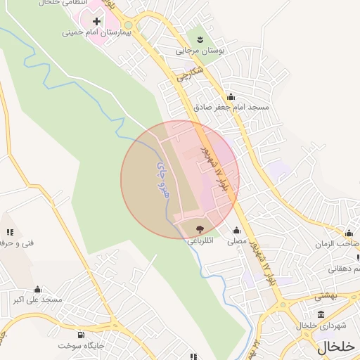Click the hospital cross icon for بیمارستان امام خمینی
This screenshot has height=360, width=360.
coord(97,22)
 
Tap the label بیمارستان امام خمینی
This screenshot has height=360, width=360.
coord(88,32)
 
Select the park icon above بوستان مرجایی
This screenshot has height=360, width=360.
coord(200,39)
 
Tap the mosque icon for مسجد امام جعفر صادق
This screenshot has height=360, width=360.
coord(231,97)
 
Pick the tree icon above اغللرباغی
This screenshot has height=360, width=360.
coord(199,229)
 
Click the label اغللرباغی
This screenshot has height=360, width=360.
coord(198,240)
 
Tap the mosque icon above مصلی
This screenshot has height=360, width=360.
coord(236,230)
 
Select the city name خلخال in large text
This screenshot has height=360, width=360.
coord(336,346)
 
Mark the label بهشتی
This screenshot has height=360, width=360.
coord(326,296)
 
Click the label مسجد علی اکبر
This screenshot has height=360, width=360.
coord(37,300)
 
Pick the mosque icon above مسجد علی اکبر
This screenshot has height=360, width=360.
coord(38,289)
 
